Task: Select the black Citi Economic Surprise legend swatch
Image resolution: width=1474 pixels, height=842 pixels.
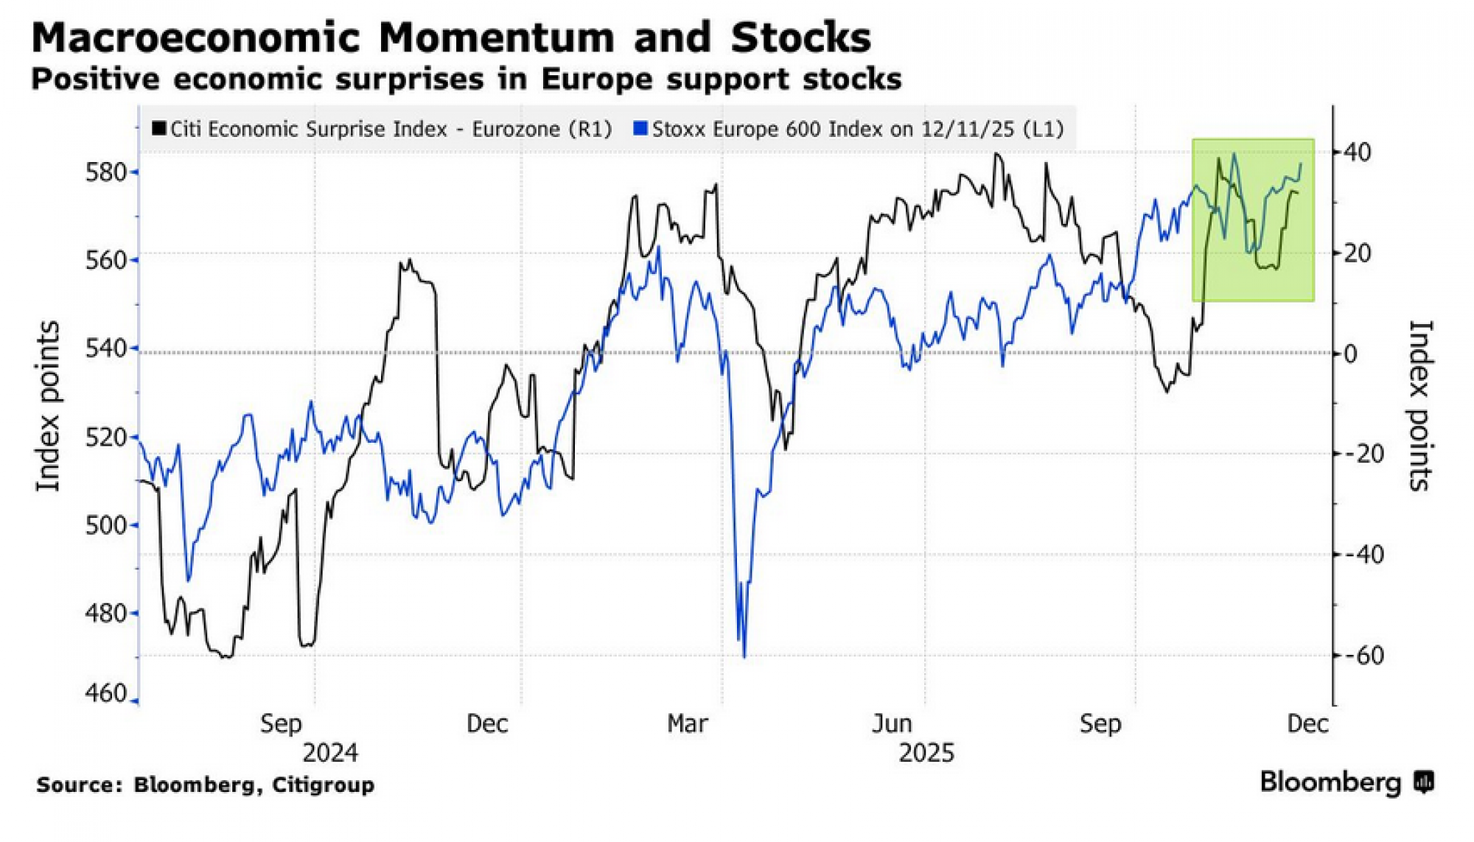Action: pos(158,129)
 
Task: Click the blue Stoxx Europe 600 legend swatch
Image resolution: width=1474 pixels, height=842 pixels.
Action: pos(640,129)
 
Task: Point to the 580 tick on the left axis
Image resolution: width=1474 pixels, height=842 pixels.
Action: pos(108,172)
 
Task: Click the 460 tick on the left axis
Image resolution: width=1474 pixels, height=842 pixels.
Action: pos(108,693)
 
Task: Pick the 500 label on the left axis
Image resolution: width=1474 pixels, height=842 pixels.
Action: pos(108,525)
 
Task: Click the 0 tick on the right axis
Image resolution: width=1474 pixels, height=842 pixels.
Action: pos(1350,354)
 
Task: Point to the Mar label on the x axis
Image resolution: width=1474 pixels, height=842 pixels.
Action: pos(687,723)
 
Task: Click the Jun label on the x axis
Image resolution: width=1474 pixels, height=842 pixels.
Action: pos(892,723)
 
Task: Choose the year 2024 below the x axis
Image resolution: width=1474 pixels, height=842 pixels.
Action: pos(330,753)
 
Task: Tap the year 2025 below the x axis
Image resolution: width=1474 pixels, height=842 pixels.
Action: pos(926,753)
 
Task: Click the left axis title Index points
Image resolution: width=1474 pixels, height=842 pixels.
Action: pos(48,407)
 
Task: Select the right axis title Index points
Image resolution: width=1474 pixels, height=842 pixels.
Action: pos(1419,407)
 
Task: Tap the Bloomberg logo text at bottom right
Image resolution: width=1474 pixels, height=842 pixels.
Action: pos(1330,782)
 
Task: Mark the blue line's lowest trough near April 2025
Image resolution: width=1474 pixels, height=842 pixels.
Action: pos(744,655)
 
